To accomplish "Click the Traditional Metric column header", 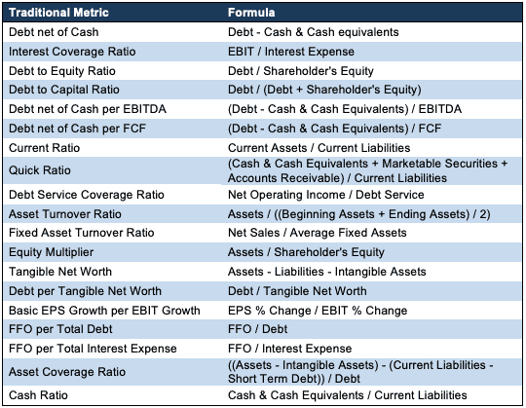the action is click(x=58, y=13).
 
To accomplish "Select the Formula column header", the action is click(x=251, y=13).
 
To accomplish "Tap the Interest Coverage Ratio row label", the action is click(x=72, y=52).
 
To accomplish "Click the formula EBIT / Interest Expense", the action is click(x=291, y=52).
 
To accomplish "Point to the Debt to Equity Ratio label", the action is click(x=62, y=71).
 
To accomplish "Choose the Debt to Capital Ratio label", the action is click(x=64, y=90).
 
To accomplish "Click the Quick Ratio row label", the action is click(x=40, y=170).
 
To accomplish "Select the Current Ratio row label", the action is click(x=44, y=148).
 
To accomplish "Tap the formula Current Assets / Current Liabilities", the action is click(x=319, y=148).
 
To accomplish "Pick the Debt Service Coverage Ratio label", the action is click(x=87, y=195).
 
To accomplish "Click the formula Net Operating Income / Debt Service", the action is click(x=325, y=195).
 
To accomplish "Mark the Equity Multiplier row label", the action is click(x=51, y=252).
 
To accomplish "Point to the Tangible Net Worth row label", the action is click(x=60, y=272).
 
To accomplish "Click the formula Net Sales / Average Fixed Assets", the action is click(x=317, y=233).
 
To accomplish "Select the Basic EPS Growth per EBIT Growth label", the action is click(x=104, y=311).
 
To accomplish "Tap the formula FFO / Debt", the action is click(x=257, y=329).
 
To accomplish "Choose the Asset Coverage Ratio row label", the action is click(x=67, y=372).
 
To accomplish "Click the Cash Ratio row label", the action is click(x=38, y=395).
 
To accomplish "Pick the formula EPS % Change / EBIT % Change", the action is click(x=318, y=311).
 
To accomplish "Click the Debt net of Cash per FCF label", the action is click(x=78, y=129).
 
